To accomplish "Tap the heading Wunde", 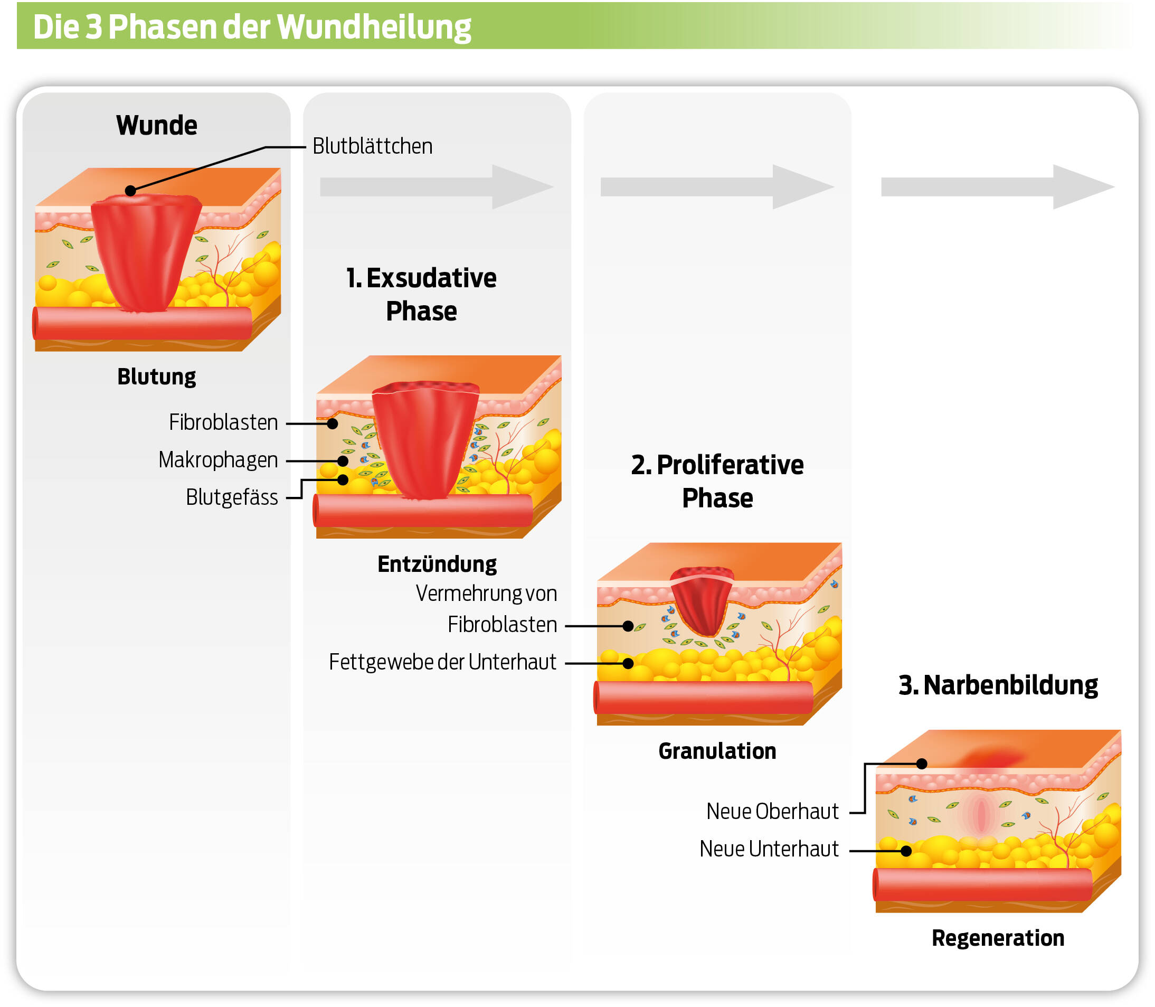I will pyautogui.click(x=157, y=125).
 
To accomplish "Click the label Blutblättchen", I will pyautogui.click(x=373, y=146).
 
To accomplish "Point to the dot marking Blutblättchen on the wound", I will pyautogui.click(x=130, y=191).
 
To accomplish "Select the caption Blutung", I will pyautogui.click(x=157, y=377).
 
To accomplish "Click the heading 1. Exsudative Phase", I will pyautogui.click(x=421, y=295).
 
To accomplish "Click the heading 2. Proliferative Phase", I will pyautogui.click(x=717, y=482).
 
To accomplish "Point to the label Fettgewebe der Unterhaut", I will pyautogui.click(x=442, y=663).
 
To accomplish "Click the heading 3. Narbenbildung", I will pyautogui.click(x=998, y=686).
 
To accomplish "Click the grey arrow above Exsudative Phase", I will pyautogui.click(x=437, y=187).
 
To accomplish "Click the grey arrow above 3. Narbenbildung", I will pyautogui.click(x=997, y=187).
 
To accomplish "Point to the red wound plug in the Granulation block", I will pyautogui.click(x=702, y=601).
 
